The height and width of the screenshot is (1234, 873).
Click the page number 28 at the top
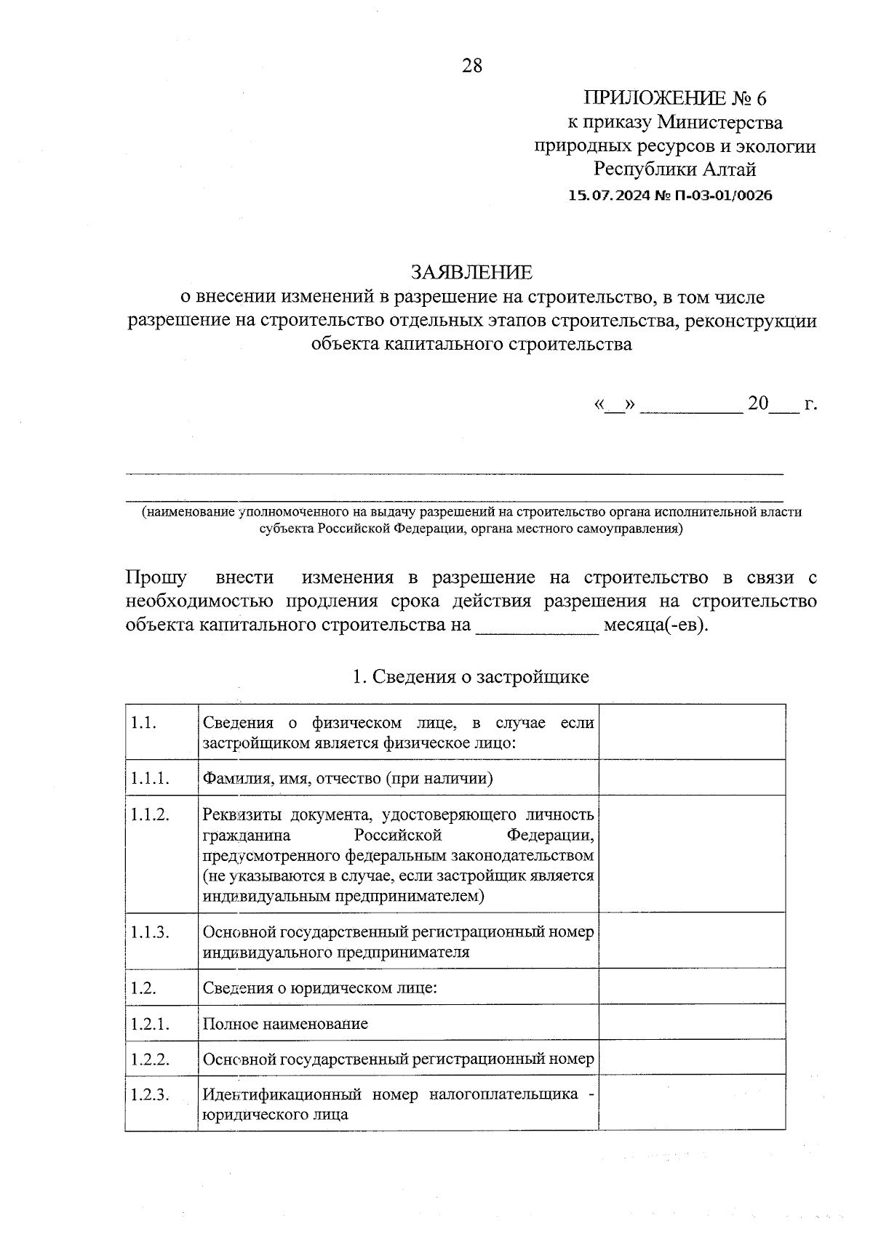coord(471,66)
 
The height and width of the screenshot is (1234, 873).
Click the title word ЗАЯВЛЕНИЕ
coord(471,272)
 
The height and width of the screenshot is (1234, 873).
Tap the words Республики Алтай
coord(675,169)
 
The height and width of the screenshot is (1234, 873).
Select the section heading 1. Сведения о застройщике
coord(471,677)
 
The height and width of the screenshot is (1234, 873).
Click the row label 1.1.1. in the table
coord(150,778)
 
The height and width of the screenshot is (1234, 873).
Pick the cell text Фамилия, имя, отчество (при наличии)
coord(348,779)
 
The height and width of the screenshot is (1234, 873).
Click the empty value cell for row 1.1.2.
coord(691,854)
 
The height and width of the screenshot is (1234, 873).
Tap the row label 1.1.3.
coord(150,932)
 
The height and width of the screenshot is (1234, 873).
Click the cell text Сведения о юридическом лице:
coord(320,988)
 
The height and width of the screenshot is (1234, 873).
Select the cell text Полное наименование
coord(285,1024)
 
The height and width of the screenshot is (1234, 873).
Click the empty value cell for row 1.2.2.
coord(691,1059)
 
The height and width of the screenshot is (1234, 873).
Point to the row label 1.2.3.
coord(150,1094)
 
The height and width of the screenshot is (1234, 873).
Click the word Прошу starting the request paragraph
coord(156,578)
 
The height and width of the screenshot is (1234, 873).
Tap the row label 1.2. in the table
coord(144,988)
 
